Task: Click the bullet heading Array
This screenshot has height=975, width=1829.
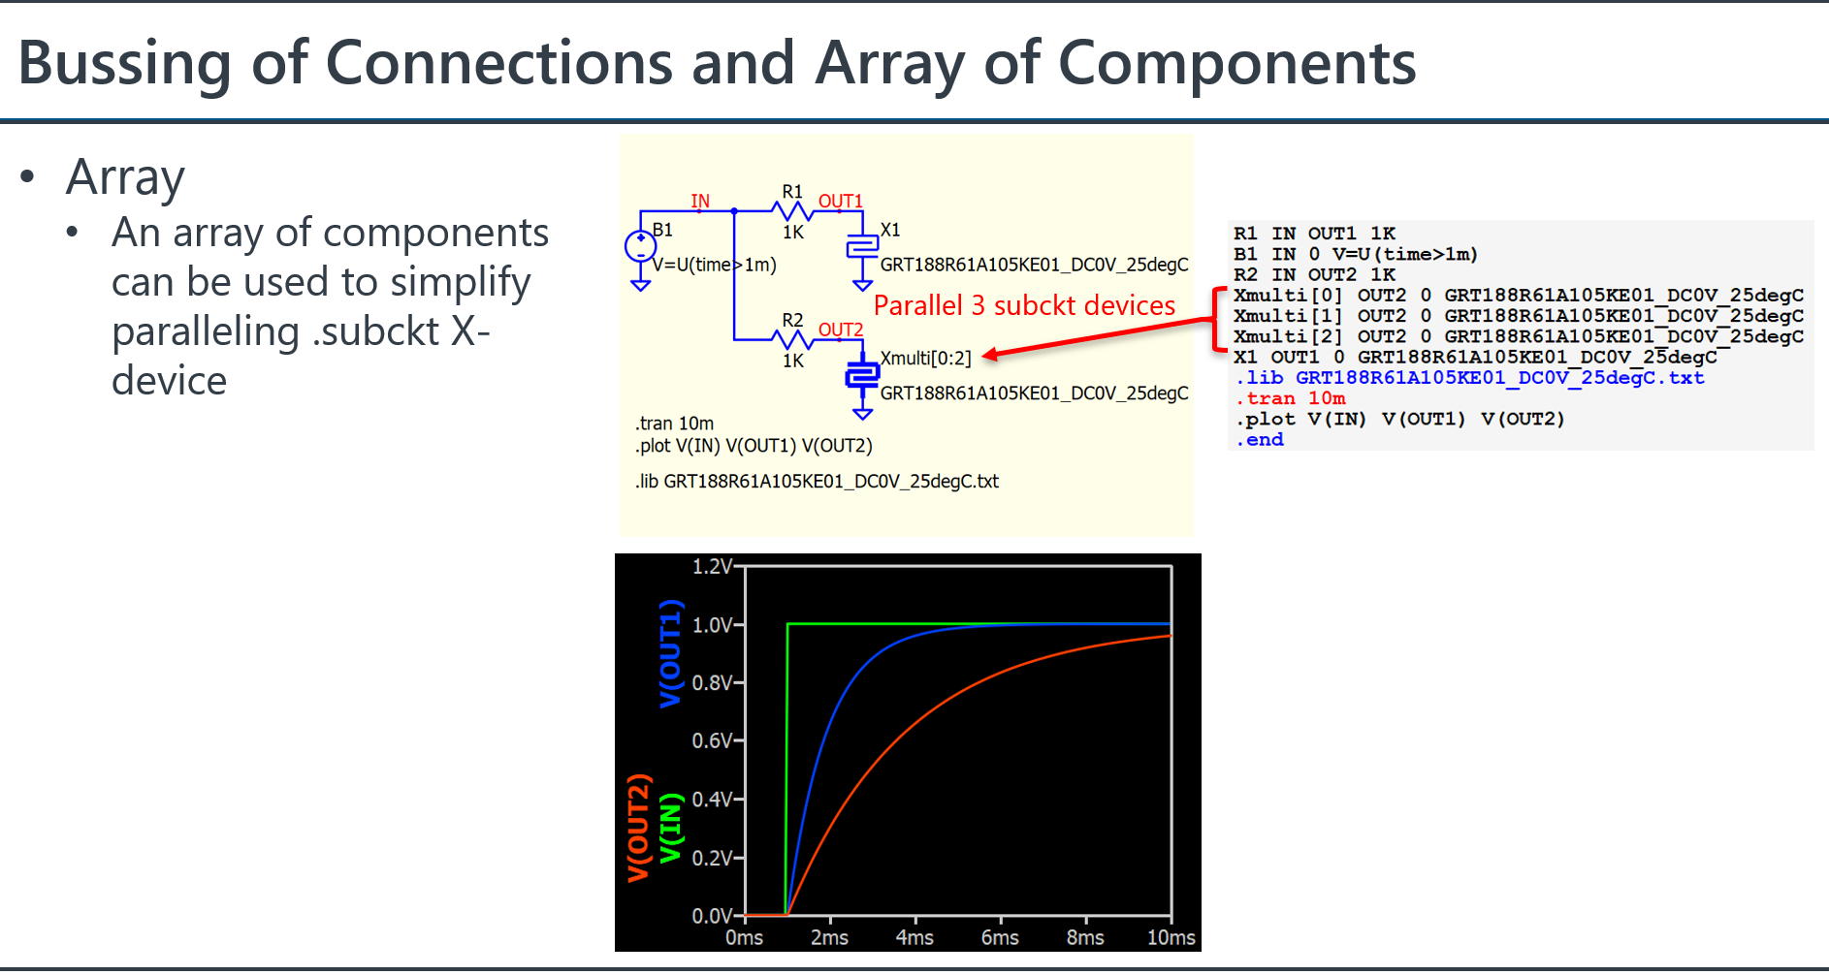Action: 125,177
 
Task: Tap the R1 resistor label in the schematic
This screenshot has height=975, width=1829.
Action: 792,192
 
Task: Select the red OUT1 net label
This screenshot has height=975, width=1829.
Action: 841,202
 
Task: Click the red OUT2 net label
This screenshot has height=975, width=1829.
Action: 841,330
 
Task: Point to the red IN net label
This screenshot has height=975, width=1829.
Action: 700,202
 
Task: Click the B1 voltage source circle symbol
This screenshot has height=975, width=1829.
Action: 640,246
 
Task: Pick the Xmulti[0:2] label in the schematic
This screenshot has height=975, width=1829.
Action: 925,359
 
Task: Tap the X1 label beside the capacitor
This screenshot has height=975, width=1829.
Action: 890,230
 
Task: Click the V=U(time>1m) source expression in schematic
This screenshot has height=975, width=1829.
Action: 715,265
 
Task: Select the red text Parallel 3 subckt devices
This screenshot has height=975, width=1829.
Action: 1024,305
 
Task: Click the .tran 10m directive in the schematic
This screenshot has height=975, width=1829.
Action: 675,424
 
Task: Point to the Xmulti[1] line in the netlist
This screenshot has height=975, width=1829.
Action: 1519,316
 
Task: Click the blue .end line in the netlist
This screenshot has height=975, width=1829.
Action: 1260,440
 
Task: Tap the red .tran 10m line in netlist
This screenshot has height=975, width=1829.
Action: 1291,398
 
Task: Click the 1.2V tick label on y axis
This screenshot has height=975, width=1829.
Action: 712,566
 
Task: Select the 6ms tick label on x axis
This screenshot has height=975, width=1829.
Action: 1000,938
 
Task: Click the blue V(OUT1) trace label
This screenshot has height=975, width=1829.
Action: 670,653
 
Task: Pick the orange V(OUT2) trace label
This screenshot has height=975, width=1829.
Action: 637,829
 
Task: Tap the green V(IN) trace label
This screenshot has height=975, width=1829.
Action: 670,829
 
